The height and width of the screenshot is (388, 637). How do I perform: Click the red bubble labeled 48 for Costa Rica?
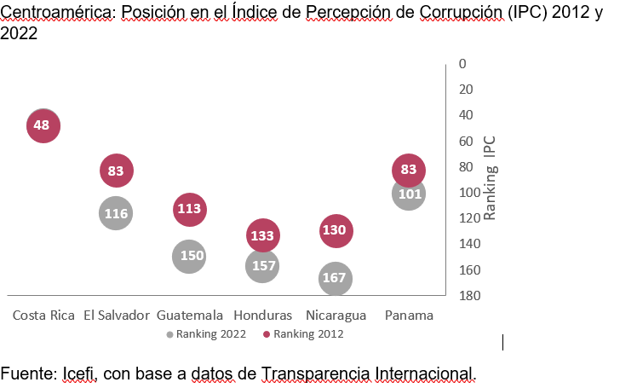click(43, 125)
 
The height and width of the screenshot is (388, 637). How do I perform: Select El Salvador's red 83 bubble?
click(116, 171)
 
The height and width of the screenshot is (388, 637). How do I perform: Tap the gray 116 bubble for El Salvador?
click(116, 213)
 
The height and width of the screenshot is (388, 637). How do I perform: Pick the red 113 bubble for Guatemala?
click(189, 208)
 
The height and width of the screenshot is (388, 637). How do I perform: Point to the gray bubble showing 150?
click(189, 256)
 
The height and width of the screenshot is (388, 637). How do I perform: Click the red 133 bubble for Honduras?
click(262, 235)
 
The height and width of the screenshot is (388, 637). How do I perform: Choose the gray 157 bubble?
click(262, 266)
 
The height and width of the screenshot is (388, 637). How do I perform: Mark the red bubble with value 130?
click(336, 230)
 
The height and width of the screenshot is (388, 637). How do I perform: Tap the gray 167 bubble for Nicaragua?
click(336, 278)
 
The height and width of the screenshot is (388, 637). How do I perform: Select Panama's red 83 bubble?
click(409, 170)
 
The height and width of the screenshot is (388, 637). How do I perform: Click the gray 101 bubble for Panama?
click(409, 194)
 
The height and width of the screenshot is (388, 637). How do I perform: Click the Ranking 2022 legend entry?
click(207, 334)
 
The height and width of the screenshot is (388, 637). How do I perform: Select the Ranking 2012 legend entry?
click(303, 334)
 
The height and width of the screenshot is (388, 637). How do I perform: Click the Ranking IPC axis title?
click(491, 177)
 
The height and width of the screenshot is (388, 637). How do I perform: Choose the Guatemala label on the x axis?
click(190, 315)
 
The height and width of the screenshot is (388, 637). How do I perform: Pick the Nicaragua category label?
click(335, 315)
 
